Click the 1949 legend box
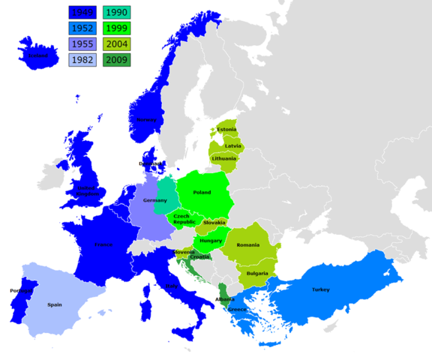83,13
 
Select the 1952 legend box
83,28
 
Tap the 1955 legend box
83,44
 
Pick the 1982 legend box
83,60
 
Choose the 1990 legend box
117,13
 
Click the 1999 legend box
117,28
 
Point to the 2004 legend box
117,44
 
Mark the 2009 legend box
117,60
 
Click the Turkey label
321,289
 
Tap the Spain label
55,304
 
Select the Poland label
202,193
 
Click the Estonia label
226,130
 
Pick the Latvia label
233,145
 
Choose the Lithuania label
224,158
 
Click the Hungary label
211,241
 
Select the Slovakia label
214,222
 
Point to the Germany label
154,200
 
